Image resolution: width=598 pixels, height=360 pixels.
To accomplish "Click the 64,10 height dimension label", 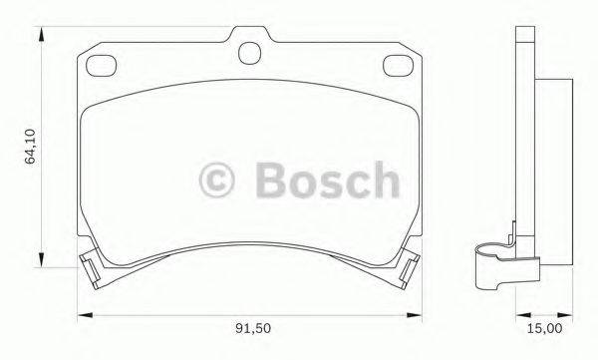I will [x=30, y=145].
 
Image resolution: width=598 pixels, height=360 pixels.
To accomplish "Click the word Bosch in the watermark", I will [x=326, y=181].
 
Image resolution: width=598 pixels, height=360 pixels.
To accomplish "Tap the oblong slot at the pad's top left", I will [x=102, y=67].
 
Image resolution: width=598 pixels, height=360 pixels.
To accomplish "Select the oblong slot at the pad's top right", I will [x=399, y=67].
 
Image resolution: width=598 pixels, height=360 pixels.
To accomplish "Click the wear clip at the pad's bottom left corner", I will [x=90, y=265].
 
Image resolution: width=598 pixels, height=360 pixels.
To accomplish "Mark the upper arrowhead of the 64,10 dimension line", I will [x=42, y=33].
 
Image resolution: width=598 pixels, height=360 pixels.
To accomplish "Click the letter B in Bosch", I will [x=269, y=181].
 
